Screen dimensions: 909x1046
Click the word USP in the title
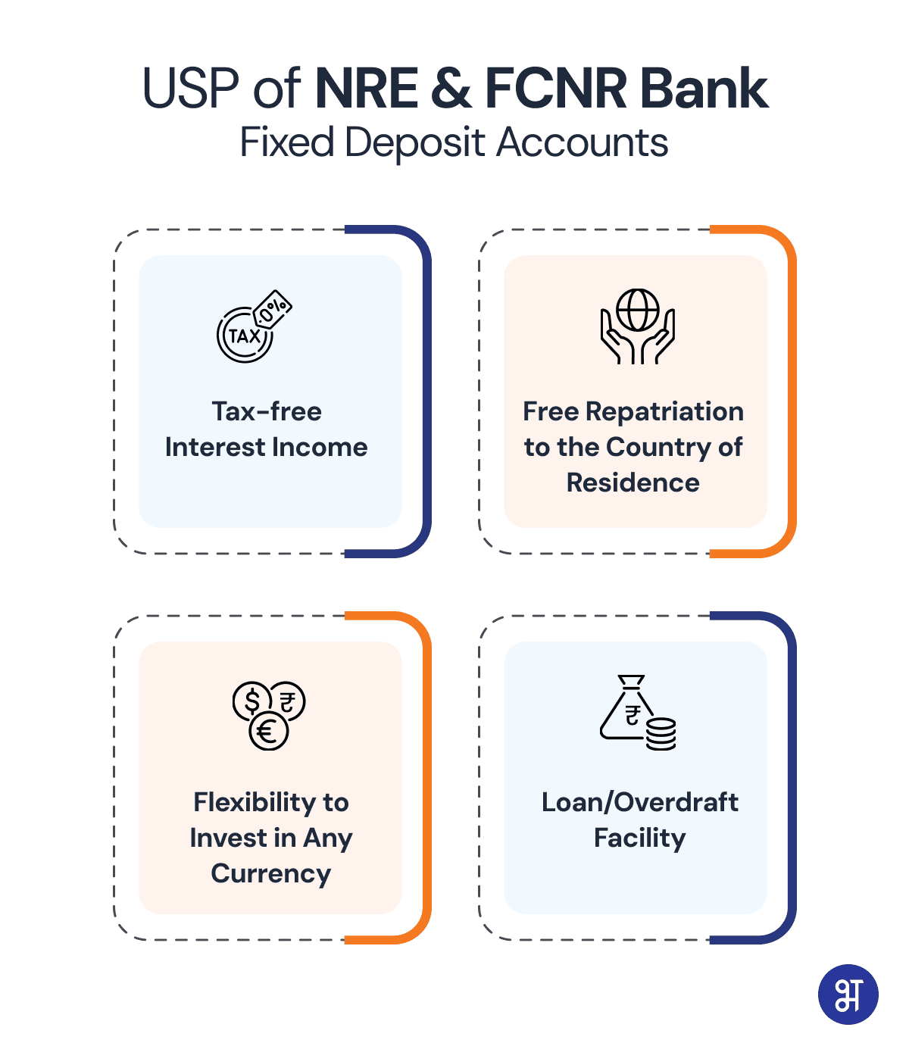(x=190, y=88)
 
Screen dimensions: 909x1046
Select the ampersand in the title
(x=451, y=88)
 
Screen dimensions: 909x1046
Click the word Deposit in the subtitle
(x=414, y=142)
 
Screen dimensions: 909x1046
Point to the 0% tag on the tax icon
(x=273, y=308)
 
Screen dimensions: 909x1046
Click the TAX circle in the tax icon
(x=245, y=335)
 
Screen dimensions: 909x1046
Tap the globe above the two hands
(x=637, y=310)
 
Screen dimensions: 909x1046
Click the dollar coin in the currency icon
(x=252, y=700)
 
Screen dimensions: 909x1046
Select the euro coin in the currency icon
(x=268, y=731)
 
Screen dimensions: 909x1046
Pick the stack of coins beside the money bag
(x=660, y=734)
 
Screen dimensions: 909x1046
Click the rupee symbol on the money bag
(x=633, y=715)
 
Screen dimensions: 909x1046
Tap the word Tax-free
(x=267, y=411)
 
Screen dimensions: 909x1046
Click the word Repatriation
(x=664, y=411)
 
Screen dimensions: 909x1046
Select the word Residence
(x=633, y=482)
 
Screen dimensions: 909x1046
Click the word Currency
(x=271, y=874)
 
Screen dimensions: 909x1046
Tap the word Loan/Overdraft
(x=639, y=802)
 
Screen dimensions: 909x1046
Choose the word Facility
(x=639, y=838)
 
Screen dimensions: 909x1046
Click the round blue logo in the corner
(x=848, y=994)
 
